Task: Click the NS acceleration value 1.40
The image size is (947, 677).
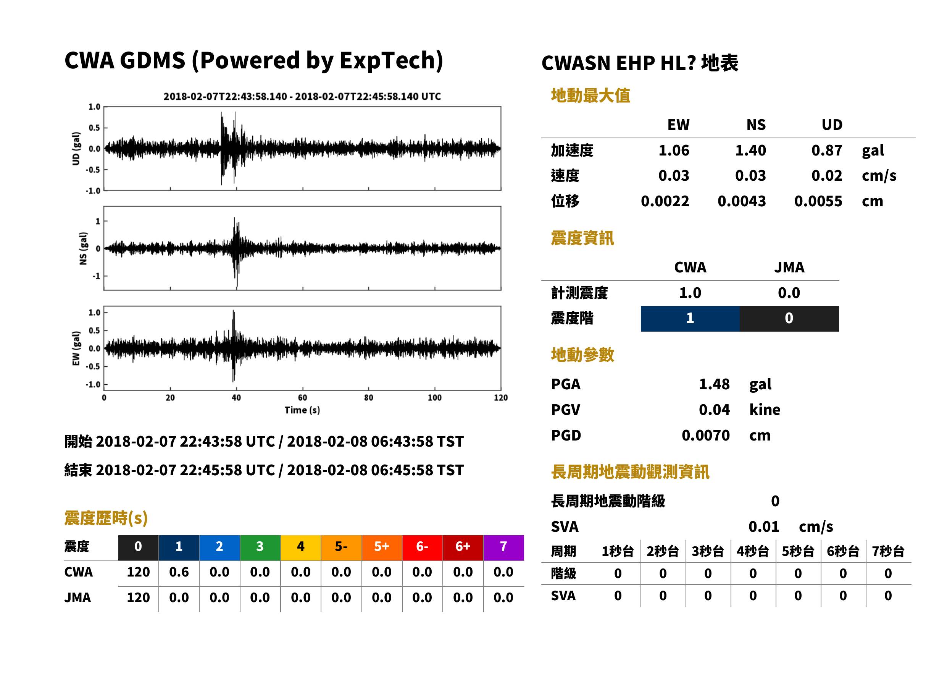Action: (x=750, y=151)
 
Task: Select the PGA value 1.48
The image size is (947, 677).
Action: (x=714, y=384)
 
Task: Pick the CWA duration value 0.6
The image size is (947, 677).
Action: (x=179, y=572)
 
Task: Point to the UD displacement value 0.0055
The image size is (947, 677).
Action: (x=818, y=201)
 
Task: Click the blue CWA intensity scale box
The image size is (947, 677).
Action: (x=690, y=319)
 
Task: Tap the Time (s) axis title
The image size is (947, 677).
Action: (x=302, y=410)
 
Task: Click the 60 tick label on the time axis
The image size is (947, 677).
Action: (x=302, y=398)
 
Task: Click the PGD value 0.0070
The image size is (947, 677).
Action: (x=705, y=435)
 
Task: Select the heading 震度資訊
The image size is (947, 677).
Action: (x=582, y=238)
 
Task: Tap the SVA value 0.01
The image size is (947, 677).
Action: (x=763, y=526)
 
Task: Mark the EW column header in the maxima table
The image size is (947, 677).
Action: (x=678, y=125)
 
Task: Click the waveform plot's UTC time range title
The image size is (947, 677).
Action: (x=302, y=97)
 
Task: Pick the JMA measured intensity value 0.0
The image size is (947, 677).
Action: (x=789, y=293)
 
